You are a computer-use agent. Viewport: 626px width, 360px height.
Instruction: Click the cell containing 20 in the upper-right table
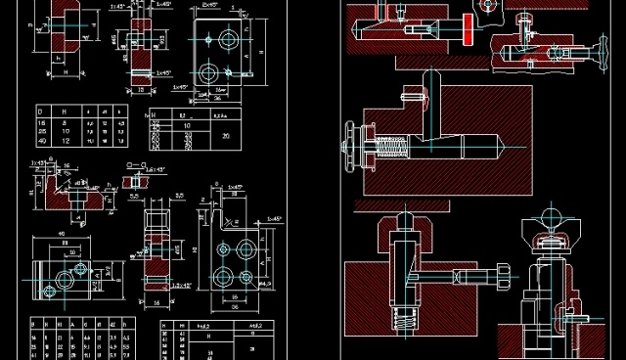[226, 136]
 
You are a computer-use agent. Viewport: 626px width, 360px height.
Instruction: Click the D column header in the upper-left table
[41, 112]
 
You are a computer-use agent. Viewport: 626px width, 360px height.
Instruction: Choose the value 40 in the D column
[41, 141]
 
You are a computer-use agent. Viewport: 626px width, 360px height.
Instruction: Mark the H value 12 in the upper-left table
[66, 141]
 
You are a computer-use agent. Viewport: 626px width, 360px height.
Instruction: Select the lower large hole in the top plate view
[209, 75]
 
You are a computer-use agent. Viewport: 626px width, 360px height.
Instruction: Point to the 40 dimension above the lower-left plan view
[60, 234]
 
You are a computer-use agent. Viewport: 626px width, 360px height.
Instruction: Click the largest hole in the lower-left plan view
[62, 279]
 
